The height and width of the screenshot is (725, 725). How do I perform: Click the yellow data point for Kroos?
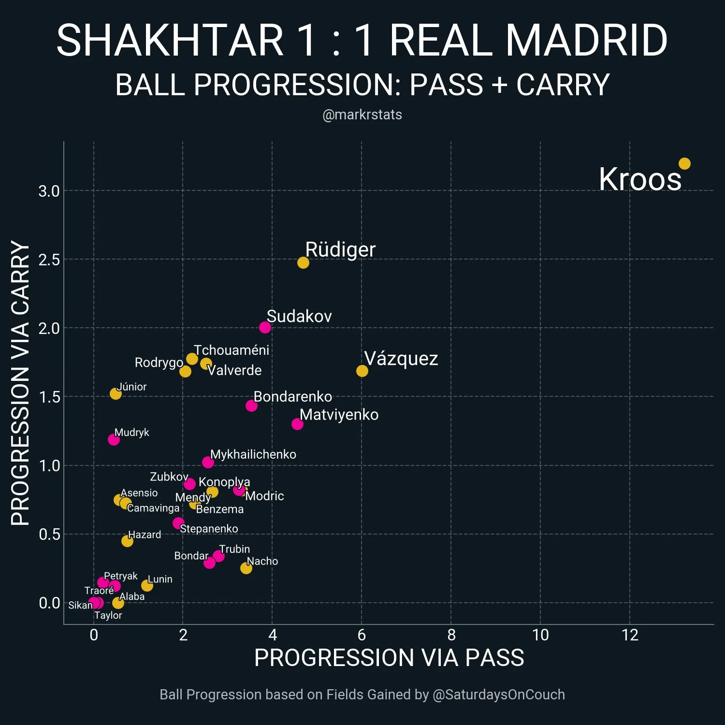coord(684,164)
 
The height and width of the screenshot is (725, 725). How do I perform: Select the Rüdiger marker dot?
coord(303,262)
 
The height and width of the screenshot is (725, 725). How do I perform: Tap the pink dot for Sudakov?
coord(265,327)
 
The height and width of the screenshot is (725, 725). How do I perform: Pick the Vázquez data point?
coord(362,371)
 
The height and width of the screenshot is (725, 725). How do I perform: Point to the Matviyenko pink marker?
coord(297,424)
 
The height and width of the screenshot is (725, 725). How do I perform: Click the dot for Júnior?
coord(116,393)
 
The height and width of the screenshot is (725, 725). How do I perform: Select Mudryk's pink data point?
coord(114,439)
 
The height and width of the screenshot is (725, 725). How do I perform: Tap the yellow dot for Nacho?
coord(246,568)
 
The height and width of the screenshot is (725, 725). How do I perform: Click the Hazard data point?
coord(127,541)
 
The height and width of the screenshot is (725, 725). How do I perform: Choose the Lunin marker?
coord(147,585)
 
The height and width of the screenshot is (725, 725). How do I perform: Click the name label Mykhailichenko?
coord(253,454)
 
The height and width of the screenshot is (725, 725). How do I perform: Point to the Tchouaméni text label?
coord(231,350)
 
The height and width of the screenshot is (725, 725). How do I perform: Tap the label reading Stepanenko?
coord(209,528)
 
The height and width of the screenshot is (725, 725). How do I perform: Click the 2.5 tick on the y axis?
coord(49,260)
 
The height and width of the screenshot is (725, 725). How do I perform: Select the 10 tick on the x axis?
coord(540,635)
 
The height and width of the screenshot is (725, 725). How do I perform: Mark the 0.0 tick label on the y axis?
coord(49,603)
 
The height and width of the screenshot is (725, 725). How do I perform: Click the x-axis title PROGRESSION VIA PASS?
coord(389,658)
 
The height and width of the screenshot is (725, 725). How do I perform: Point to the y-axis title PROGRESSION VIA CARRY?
coord(20,383)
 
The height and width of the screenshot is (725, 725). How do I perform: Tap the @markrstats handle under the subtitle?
coord(362,115)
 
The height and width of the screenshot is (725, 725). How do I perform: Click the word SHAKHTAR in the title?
coord(170,40)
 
